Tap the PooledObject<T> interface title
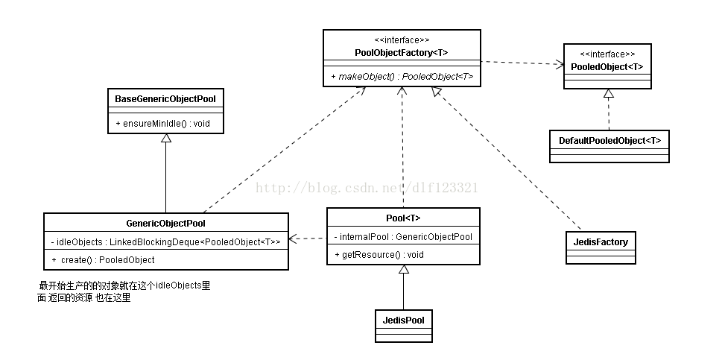(x=607, y=67)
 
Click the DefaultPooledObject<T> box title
(x=609, y=140)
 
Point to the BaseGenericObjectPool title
(x=165, y=98)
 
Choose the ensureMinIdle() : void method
(x=162, y=122)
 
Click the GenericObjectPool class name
(x=165, y=222)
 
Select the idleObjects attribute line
(x=165, y=241)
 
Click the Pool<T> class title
(x=403, y=218)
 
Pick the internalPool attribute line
(x=403, y=237)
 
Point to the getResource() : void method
(x=373, y=255)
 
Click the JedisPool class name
(x=403, y=320)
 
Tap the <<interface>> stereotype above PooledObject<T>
(x=608, y=54)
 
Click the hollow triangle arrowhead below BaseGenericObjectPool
(x=166, y=139)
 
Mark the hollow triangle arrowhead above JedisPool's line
(x=403, y=271)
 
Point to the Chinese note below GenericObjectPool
(x=124, y=292)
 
